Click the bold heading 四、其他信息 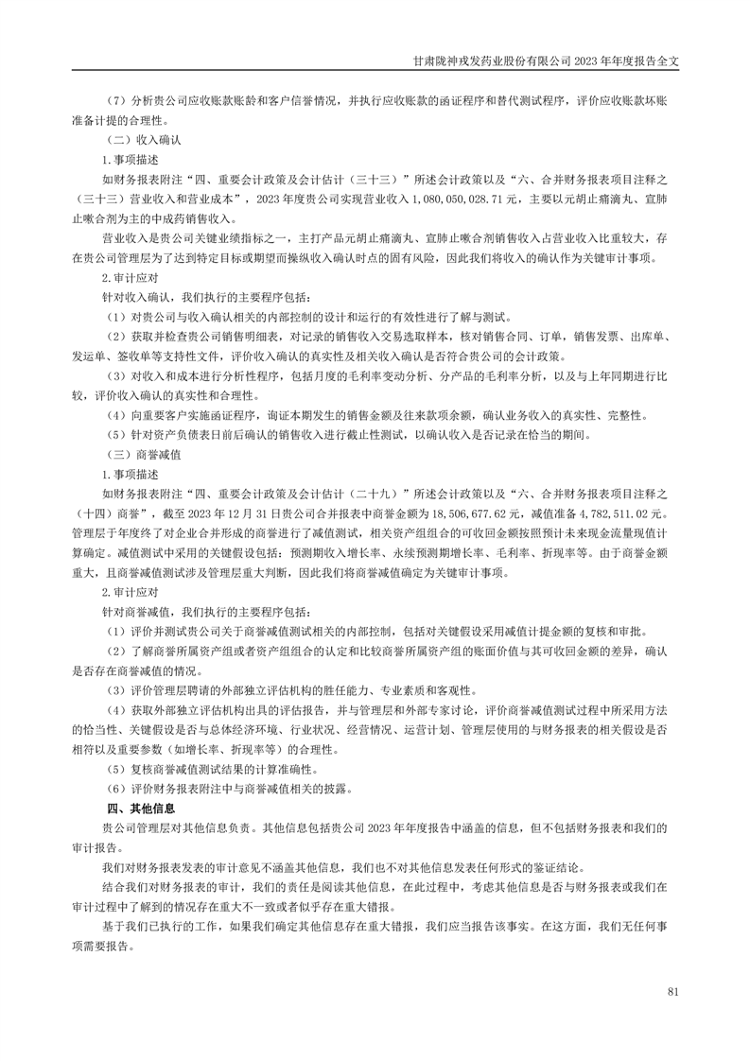point(141,808)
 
